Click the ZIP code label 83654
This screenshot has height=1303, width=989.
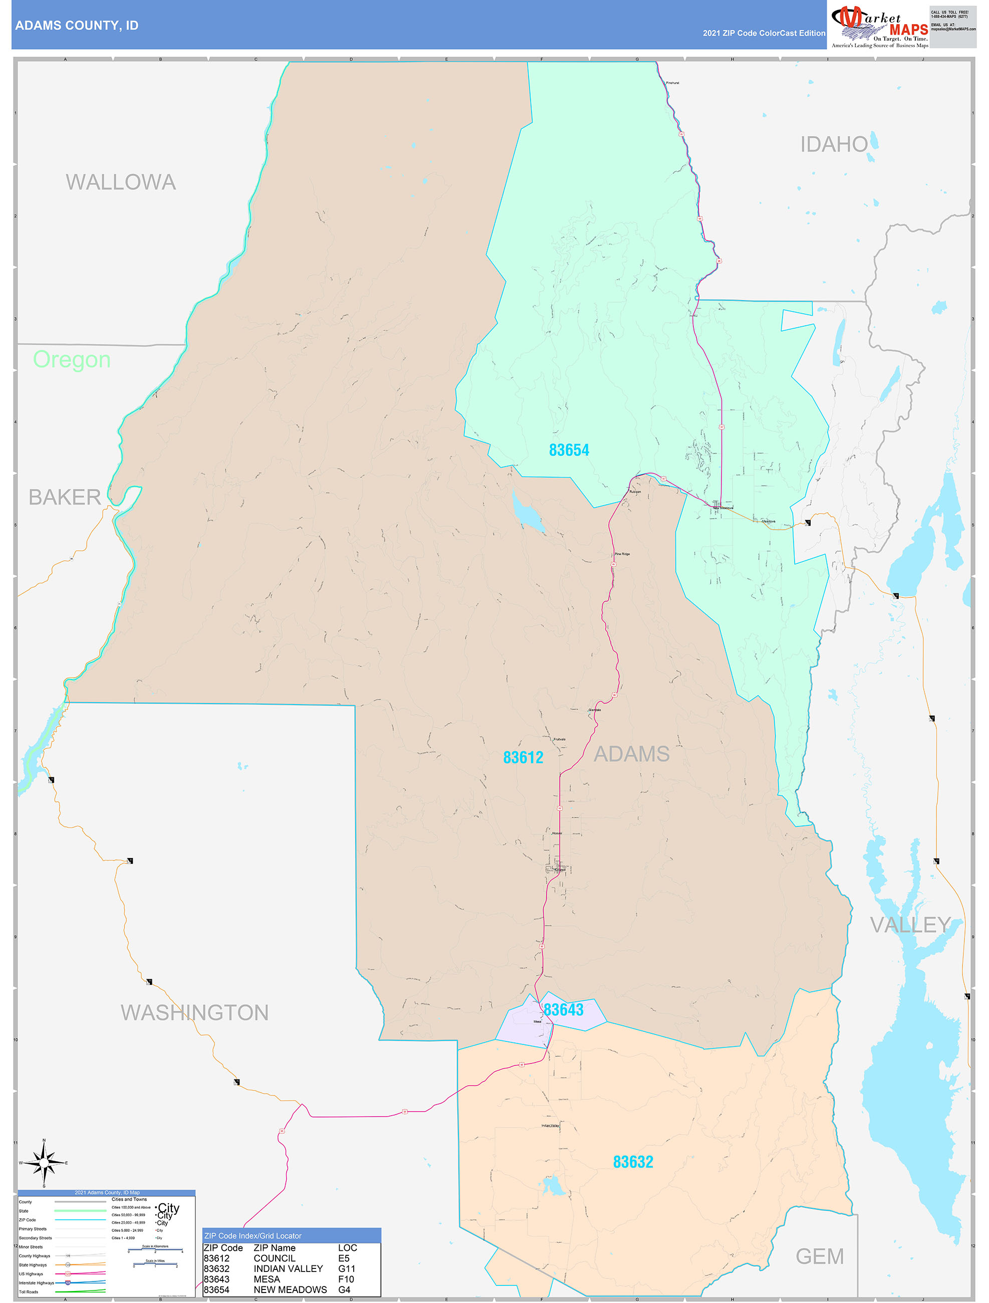pos(569,450)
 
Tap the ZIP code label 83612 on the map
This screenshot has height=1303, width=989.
pos(523,758)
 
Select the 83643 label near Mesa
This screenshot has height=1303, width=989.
pos(563,1010)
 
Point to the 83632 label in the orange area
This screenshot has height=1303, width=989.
pos(633,1162)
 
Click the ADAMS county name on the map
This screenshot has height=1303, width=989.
pos(631,754)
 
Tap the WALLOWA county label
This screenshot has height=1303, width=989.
pos(121,182)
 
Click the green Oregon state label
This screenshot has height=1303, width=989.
pos(71,359)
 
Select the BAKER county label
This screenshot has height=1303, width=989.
pos(65,497)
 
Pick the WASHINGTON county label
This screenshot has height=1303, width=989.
pos(194,1013)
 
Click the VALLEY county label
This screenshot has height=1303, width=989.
pos(910,925)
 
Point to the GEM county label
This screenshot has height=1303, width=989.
pos(819,1256)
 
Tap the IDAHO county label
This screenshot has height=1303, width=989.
pos(834,144)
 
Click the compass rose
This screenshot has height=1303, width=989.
pos(44,1163)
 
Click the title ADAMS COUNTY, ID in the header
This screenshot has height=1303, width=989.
pos(77,26)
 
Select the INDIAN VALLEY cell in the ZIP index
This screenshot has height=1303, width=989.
pos(288,1268)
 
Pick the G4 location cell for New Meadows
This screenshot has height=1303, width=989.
pos(344,1289)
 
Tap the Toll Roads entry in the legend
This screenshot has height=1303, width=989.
pos(28,1292)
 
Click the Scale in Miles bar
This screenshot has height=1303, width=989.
pos(155,1264)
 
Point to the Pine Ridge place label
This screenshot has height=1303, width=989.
pos(622,554)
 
